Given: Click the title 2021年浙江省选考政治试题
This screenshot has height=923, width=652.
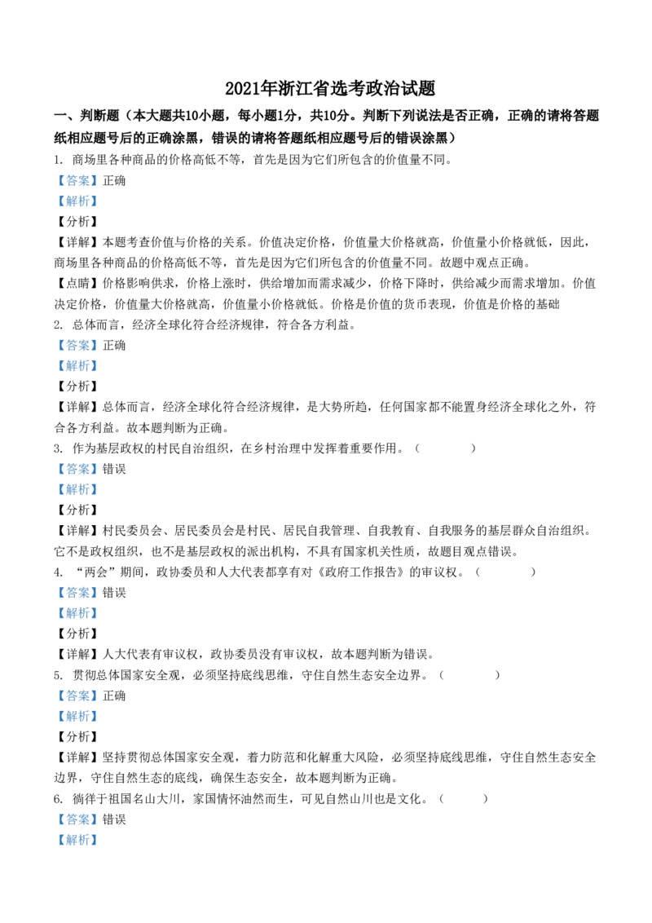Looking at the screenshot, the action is tap(330, 88).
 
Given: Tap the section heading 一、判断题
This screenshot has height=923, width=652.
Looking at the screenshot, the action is tap(87, 116).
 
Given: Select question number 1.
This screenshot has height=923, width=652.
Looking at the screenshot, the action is tap(57, 160).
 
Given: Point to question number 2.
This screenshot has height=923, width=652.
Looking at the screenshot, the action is tap(58, 325).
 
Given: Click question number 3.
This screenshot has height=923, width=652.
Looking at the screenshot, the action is tap(58, 448).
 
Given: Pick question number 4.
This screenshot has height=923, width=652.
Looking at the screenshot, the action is tap(58, 572).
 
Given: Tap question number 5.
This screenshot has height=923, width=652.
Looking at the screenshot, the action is tap(58, 675).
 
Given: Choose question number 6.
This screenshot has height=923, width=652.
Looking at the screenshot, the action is tap(58, 799).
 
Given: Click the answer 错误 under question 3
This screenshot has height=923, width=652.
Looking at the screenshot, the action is tap(114, 469).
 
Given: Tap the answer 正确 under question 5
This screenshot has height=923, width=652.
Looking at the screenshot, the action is tap(114, 696).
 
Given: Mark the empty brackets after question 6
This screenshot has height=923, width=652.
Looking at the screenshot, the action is tap(464, 799).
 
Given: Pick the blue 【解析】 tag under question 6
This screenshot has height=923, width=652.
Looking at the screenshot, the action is tap(77, 840).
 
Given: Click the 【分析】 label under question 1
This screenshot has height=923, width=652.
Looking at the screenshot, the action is tap(77, 221).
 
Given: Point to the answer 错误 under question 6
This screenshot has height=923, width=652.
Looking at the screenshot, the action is tap(114, 819).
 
